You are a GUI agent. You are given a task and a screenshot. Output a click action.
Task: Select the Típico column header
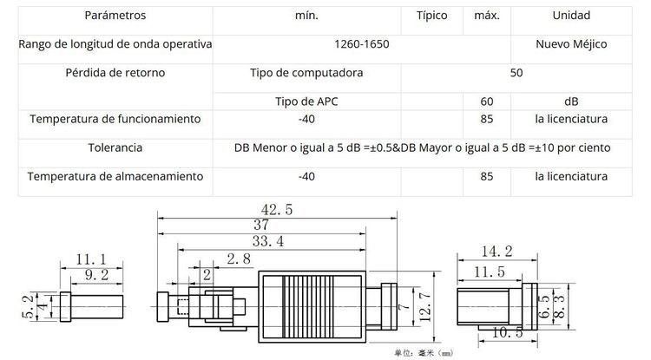[x=432, y=16]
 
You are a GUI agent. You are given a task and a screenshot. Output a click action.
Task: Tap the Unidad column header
[x=570, y=16]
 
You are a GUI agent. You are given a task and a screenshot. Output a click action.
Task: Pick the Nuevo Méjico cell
[x=570, y=43]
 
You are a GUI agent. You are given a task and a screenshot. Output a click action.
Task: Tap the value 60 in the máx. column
[x=486, y=101]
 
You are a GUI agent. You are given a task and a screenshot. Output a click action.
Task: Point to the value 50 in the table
[x=516, y=73]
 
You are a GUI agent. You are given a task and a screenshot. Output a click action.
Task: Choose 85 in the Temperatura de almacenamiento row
[x=486, y=176]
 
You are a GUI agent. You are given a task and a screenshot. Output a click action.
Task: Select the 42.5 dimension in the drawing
[x=276, y=209]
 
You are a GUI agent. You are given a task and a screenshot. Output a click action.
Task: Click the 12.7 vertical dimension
[x=424, y=308]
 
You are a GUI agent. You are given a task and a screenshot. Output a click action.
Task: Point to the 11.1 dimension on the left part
[x=91, y=259]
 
